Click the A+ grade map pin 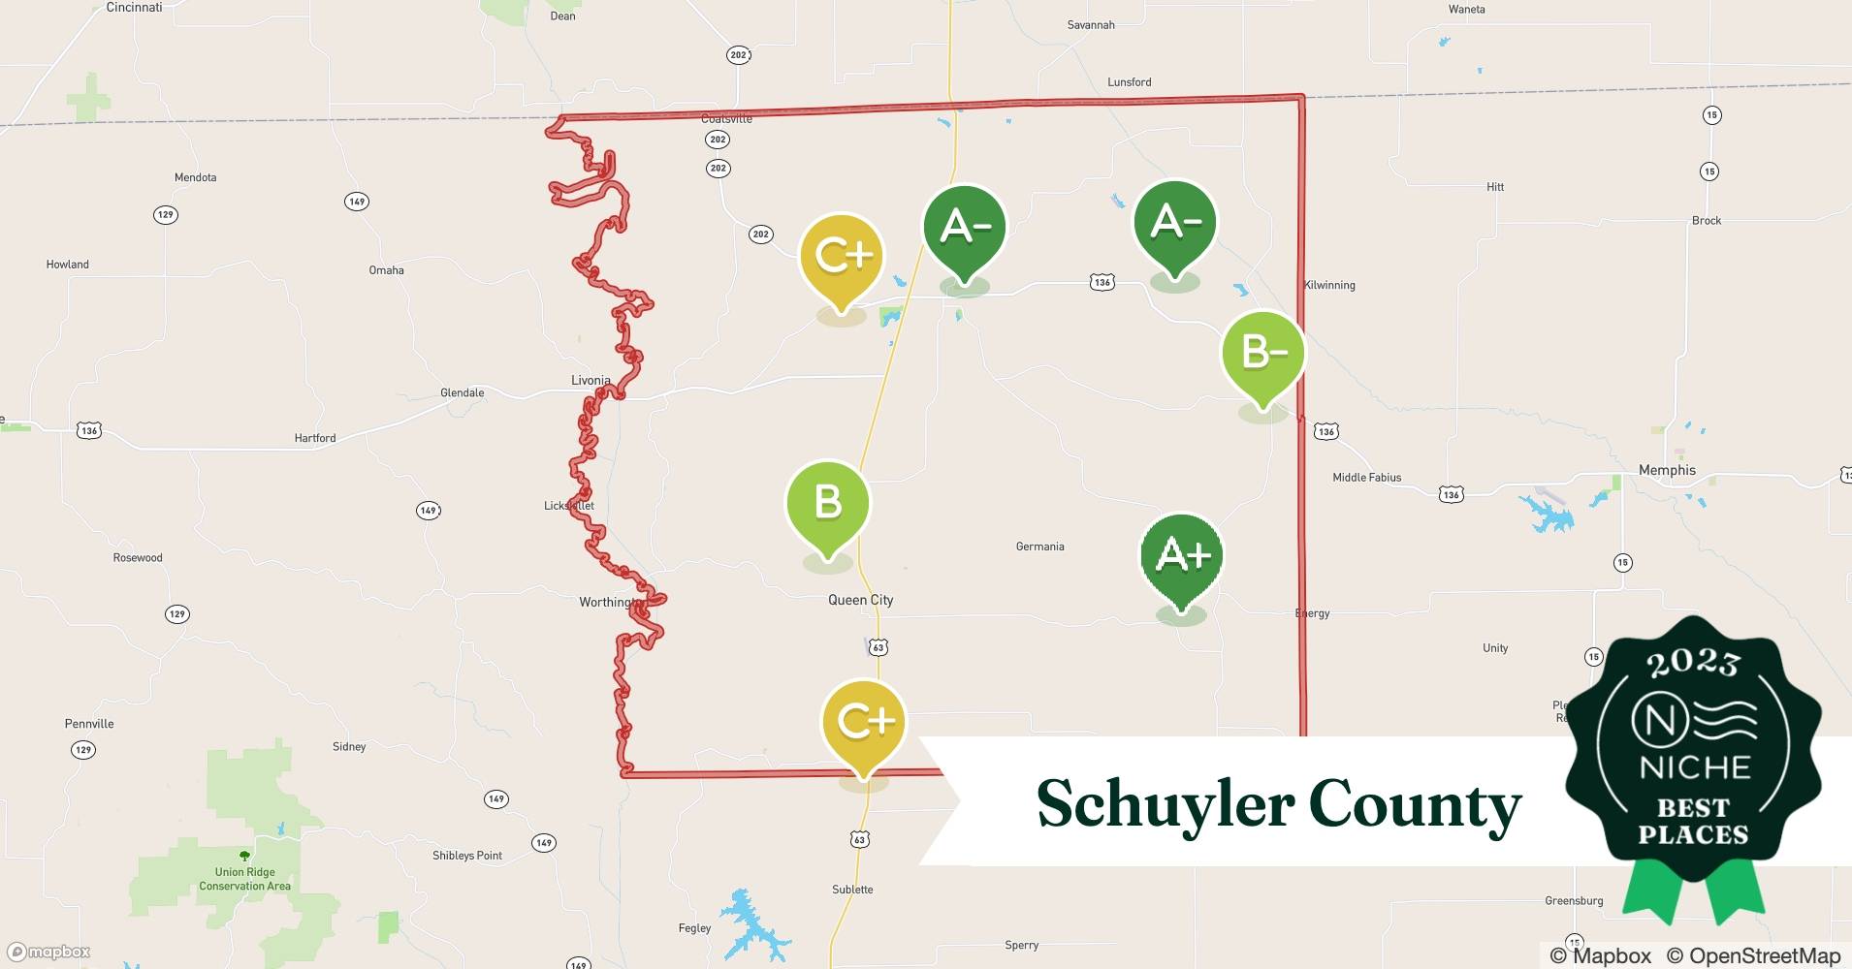click(1181, 556)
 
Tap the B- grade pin click(1262, 354)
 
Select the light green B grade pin click(827, 504)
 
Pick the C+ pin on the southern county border click(863, 722)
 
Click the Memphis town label click(1667, 470)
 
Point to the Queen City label click(860, 600)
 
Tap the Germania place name click(1039, 547)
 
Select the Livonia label click(591, 380)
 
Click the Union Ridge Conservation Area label click(244, 879)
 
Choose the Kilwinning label click(1329, 285)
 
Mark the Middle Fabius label click(1366, 477)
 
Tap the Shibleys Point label click(467, 856)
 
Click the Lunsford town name click(1129, 82)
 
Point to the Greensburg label click(1573, 900)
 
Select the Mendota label click(195, 177)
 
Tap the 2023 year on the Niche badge click(1693, 663)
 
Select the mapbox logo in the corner click(49, 952)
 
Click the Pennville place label click(89, 724)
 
